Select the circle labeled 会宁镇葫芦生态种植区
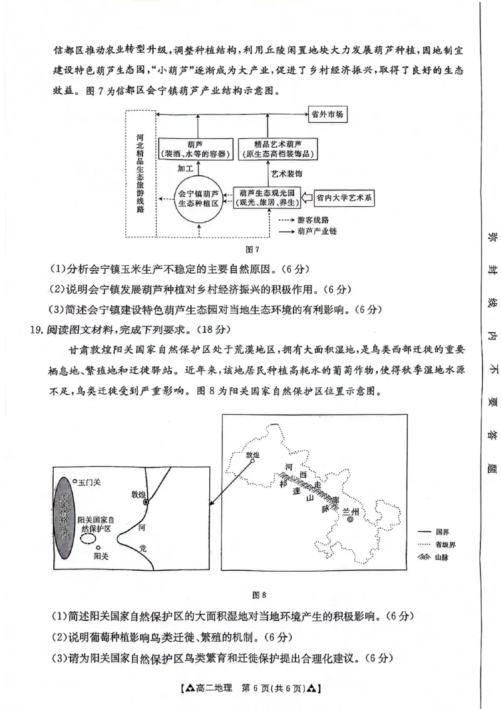pyautogui.click(x=198, y=199)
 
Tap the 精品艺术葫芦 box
pyautogui.click(x=277, y=148)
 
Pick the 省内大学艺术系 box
pyautogui.click(x=344, y=199)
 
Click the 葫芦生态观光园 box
pyautogui.click(x=267, y=197)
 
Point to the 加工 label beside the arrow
pyautogui.click(x=186, y=168)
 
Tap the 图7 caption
pyautogui.click(x=252, y=250)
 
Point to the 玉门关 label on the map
pyautogui.click(x=88, y=483)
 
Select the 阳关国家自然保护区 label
pyautogui.click(x=96, y=525)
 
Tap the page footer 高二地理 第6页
pyautogui.click(x=250, y=689)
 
